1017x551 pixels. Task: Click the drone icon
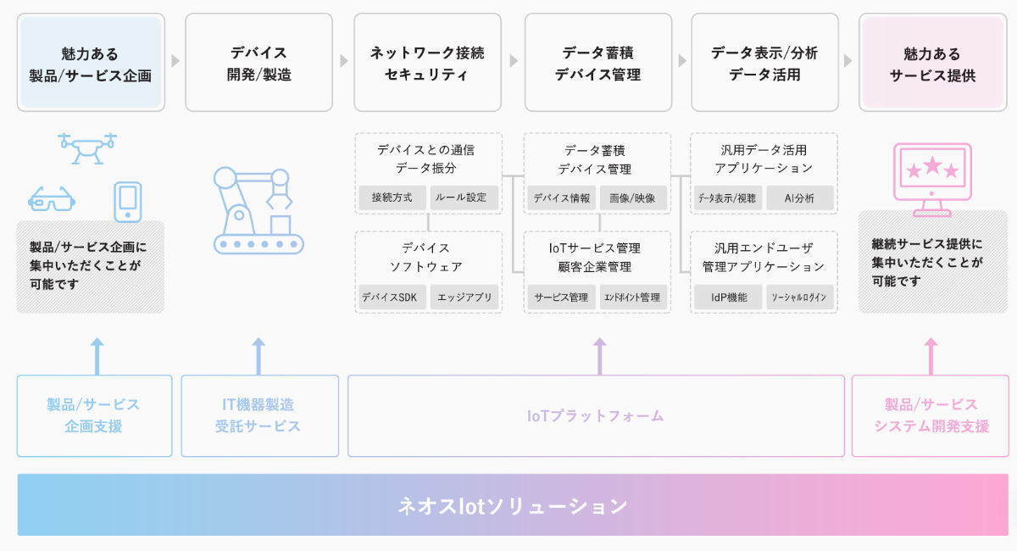coord(87,148)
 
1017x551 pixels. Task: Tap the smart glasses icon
coord(52,199)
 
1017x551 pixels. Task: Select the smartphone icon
coord(128,202)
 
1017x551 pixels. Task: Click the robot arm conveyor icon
coord(258,210)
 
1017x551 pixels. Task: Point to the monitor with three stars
coord(932,180)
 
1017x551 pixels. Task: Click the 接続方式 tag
coord(392,198)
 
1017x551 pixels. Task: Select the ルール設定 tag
coord(464,198)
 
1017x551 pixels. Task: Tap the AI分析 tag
coord(800,198)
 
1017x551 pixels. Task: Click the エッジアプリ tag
coord(464,297)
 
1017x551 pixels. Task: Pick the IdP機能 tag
coord(728,297)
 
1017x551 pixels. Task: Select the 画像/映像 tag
coord(633,198)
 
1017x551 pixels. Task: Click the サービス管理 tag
coord(561,297)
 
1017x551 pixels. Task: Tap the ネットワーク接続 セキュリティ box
coord(428,62)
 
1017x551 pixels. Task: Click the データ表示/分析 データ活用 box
coord(764,62)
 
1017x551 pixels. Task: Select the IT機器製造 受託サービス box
coord(259,415)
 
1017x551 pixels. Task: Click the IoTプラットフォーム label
coord(595,415)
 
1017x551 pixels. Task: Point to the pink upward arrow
coord(931,356)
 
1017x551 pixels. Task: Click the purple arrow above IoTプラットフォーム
coord(600,356)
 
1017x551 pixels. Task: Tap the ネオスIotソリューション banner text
coord(513,506)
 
